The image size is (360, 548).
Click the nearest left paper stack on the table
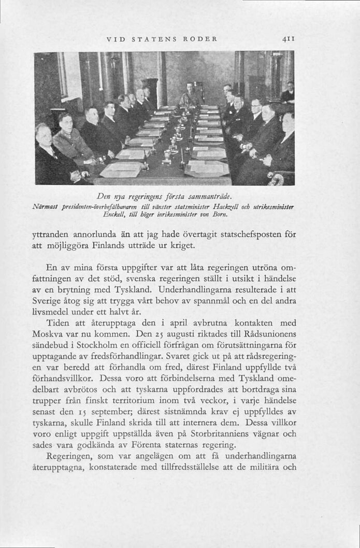coord(121,170)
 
